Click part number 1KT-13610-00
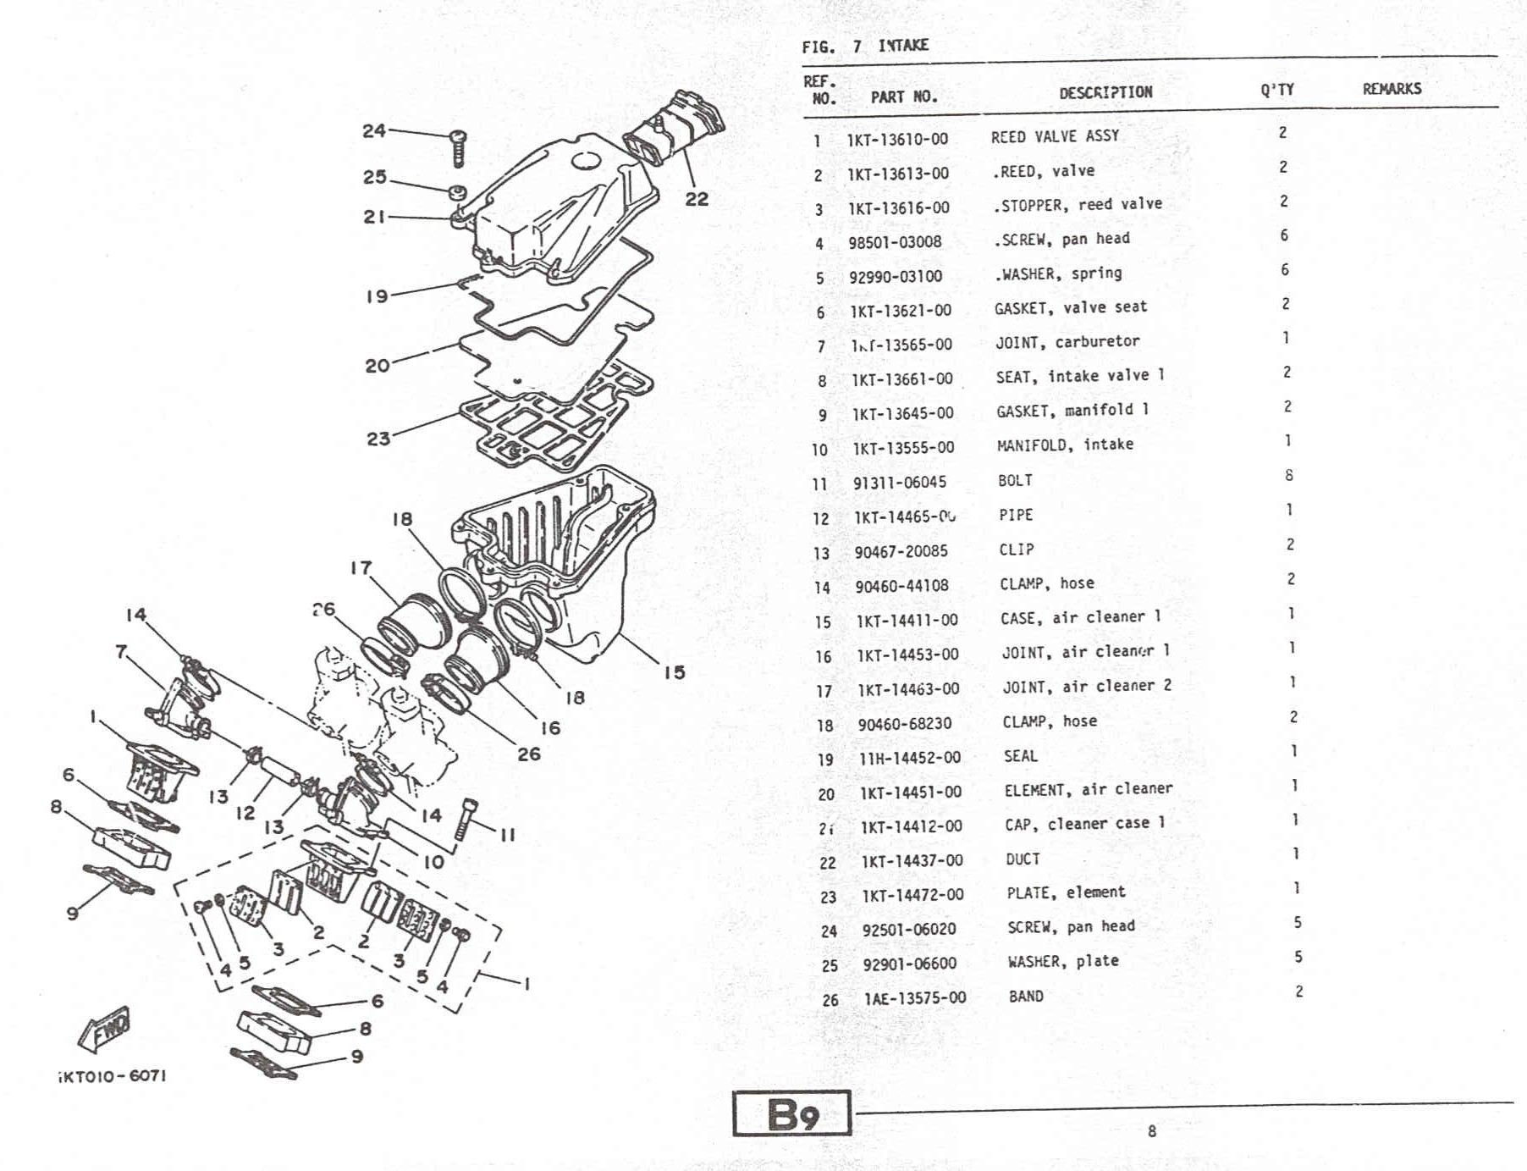[x=897, y=139]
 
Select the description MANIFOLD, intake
[x=1065, y=445]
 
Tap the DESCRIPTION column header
[x=1105, y=91]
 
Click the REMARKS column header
[x=1392, y=89]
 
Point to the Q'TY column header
[x=1276, y=90]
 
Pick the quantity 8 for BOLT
[x=1288, y=475]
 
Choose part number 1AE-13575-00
[x=914, y=998]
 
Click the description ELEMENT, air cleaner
[x=1089, y=790]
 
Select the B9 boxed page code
[x=791, y=1114]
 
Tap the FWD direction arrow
[x=105, y=1029]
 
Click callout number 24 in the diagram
[x=374, y=130]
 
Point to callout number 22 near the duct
[x=697, y=199]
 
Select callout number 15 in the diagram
[x=674, y=672]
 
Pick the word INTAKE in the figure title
[x=903, y=45]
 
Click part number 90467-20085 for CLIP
[x=901, y=552]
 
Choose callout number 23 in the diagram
[x=378, y=439]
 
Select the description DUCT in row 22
[x=1023, y=859]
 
